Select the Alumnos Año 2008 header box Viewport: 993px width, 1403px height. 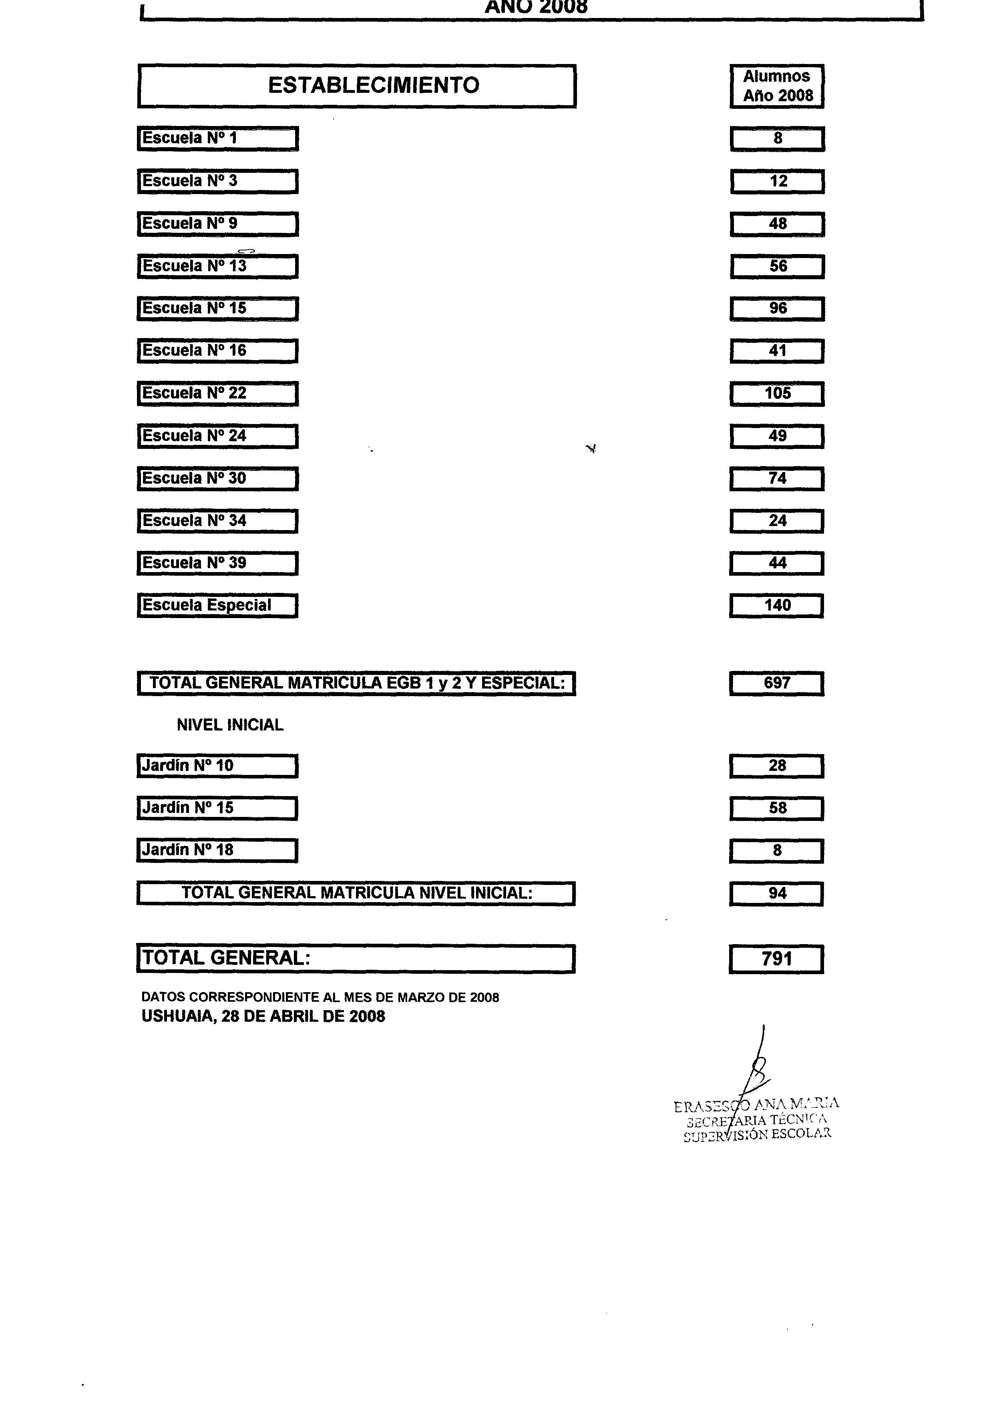[x=777, y=86]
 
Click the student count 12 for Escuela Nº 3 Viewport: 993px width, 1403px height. [x=777, y=182]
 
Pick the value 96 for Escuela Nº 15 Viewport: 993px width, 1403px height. [x=777, y=308]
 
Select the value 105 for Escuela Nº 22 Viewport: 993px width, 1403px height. [x=777, y=394]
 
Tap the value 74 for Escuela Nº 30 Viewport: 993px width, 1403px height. [x=777, y=478]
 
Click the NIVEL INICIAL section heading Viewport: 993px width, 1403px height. [x=230, y=725]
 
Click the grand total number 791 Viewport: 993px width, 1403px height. [x=776, y=959]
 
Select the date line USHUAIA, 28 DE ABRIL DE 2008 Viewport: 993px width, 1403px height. [x=263, y=1017]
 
